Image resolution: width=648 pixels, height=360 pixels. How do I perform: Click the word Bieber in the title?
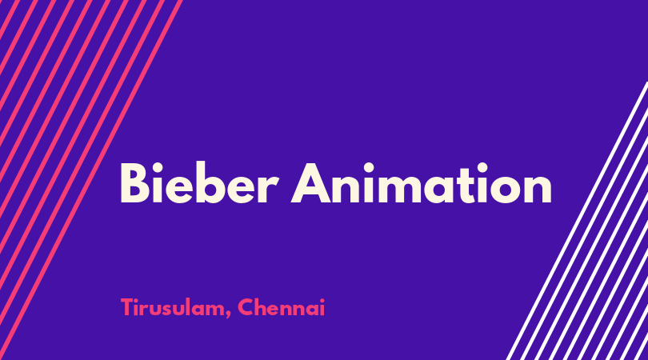199,182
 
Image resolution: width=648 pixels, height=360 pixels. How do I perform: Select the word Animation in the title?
422,182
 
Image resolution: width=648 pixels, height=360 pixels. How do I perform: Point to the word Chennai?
282,307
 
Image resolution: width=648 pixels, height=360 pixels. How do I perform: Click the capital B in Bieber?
134,183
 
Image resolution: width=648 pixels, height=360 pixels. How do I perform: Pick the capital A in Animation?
311,183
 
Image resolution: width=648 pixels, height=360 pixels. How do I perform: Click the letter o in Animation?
500,189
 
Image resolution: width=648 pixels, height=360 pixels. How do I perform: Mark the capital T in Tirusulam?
128,307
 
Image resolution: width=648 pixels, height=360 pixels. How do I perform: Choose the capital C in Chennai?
246,307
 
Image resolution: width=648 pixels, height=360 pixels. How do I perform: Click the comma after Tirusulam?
228,315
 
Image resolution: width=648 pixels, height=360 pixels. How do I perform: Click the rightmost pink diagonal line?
91,180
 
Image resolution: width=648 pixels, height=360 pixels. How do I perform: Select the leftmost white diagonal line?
577,221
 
